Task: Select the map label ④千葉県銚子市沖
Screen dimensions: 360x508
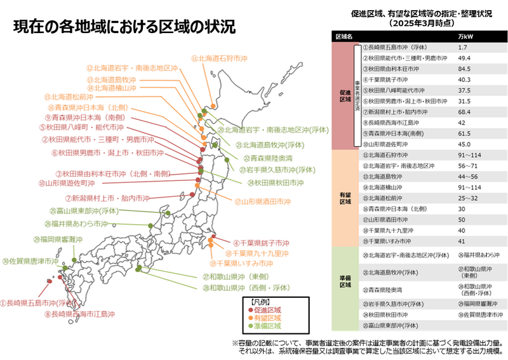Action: (x=261, y=243)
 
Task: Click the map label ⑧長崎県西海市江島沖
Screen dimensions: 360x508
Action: (x=80, y=314)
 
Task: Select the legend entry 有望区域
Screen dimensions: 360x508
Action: (x=267, y=317)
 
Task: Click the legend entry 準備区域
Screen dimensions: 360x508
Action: (x=267, y=326)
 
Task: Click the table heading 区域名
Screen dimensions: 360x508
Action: (x=344, y=36)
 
